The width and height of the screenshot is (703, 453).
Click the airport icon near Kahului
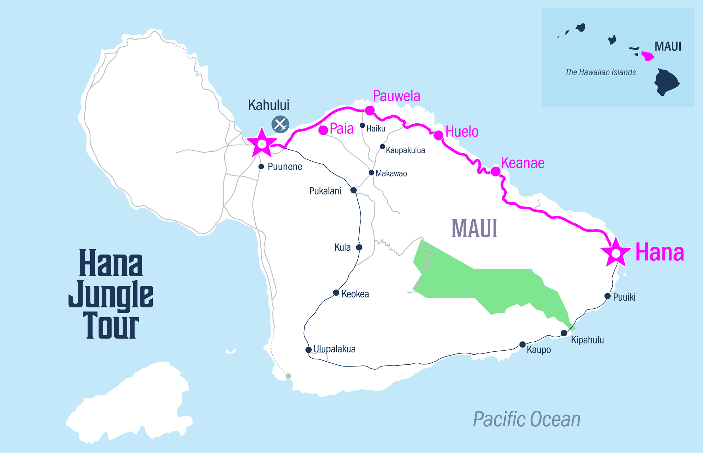280,124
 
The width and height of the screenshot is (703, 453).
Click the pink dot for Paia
323,130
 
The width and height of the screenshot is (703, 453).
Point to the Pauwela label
396,96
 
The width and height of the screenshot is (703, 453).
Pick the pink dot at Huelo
438,135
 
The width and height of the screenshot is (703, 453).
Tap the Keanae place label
522,163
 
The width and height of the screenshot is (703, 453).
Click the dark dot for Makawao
371,172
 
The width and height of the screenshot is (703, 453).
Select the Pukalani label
325,191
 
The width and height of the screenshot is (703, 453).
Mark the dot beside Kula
359,247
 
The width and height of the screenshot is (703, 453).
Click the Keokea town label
355,294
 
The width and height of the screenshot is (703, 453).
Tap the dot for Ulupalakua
308,350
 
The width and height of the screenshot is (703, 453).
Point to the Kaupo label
539,350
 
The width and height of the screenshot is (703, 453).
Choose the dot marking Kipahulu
564,333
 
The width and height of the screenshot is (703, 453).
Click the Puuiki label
624,297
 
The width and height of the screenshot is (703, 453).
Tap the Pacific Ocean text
526,419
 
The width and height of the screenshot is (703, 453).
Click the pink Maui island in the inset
647,56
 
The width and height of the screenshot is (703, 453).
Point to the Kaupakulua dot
382,147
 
